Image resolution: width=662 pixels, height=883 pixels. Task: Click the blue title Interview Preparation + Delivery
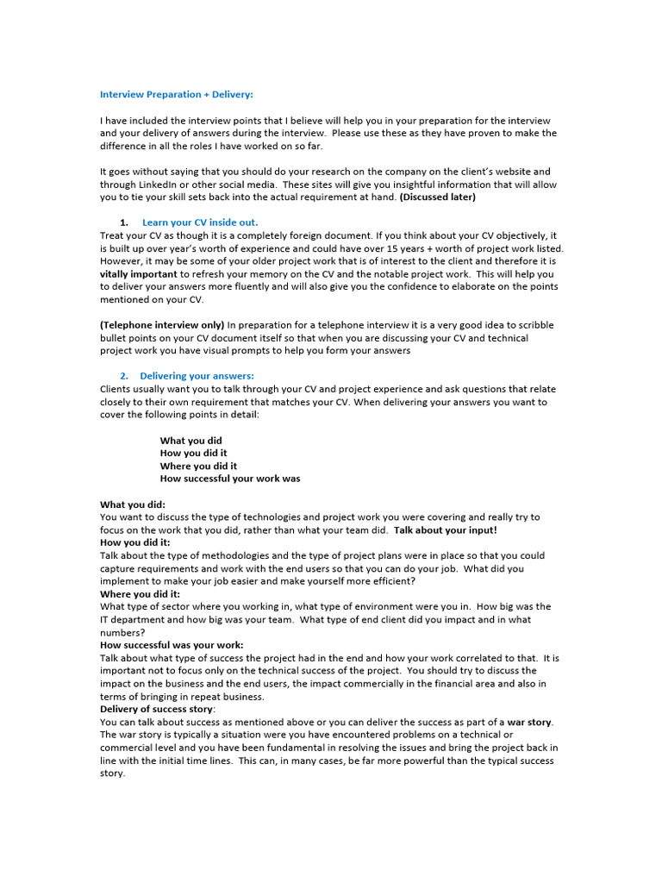(177, 95)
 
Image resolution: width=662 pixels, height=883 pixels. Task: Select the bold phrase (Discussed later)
(437, 197)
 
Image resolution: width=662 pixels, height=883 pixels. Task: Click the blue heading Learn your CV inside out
(200, 222)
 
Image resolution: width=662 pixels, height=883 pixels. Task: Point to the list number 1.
(123, 222)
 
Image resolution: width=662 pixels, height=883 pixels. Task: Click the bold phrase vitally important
(139, 274)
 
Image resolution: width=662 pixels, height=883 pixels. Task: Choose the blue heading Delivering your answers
(197, 376)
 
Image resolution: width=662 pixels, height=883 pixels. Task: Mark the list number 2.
(123, 376)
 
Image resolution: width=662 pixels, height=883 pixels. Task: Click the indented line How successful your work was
(230, 479)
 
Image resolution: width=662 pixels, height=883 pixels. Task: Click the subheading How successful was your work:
(172, 645)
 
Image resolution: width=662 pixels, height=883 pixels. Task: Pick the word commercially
(355, 684)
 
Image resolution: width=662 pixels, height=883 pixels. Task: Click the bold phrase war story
(529, 722)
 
